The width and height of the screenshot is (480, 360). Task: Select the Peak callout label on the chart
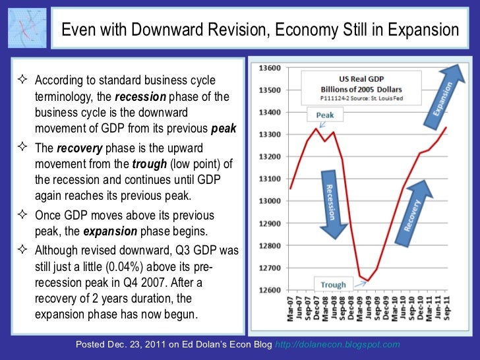pos(324,114)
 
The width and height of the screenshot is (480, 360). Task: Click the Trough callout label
pos(333,285)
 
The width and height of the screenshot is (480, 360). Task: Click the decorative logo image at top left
pos(26,29)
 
